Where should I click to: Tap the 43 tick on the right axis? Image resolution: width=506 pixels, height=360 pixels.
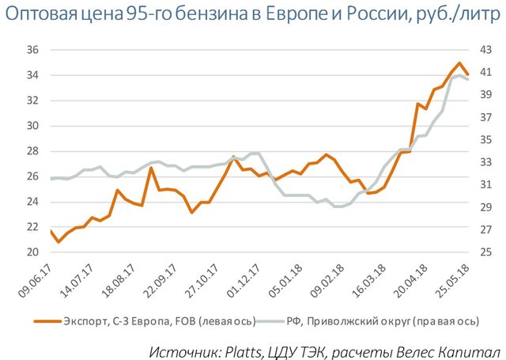[x=484, y=50]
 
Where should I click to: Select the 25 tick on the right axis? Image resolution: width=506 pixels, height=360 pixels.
[x=484, y=252]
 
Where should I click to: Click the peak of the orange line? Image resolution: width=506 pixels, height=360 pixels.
[x=459, y=63]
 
